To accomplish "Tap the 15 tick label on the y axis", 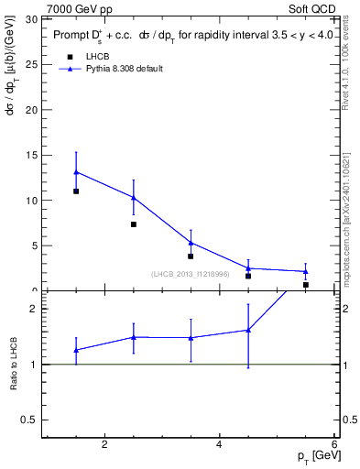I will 31,155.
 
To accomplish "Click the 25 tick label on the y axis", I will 31,64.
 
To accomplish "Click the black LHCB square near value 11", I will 76,191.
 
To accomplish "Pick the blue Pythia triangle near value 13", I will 76,171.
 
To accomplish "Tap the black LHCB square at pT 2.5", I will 134,224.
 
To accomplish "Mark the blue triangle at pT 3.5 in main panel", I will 191,243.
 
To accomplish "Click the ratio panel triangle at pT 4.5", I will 248,330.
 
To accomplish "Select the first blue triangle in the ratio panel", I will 76,350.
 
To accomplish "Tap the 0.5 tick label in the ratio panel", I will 28,420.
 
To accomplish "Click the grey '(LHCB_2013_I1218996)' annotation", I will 191,274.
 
